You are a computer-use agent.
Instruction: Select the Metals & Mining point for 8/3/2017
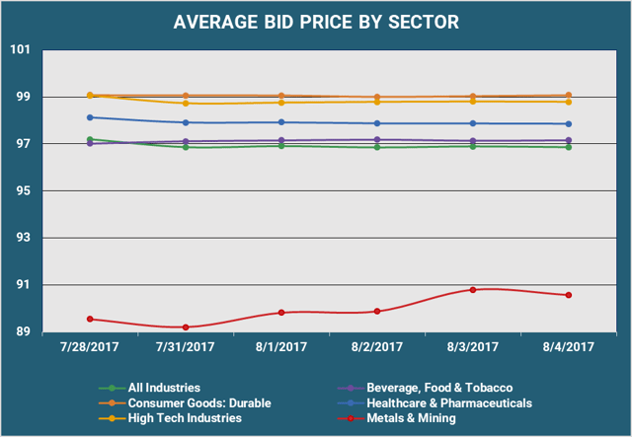473,290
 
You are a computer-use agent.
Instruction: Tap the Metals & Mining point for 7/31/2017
186,327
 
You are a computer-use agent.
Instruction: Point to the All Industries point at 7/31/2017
186,147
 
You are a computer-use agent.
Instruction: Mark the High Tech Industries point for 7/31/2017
186,103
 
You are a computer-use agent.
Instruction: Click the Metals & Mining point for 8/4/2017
569,295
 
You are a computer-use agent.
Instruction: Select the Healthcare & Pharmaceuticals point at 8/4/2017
569,124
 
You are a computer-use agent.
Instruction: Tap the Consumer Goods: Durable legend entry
197,402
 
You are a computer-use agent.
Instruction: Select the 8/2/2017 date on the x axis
377,346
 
